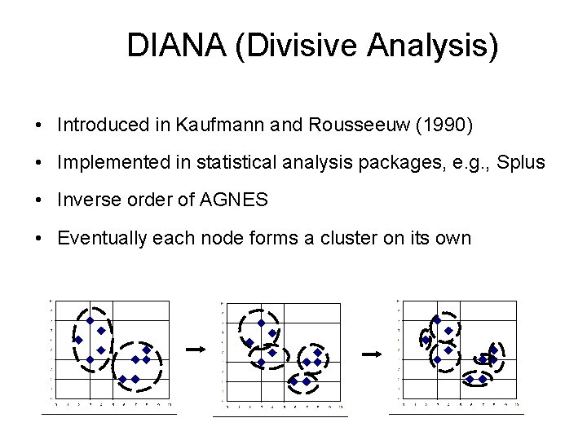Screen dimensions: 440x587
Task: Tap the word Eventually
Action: (100, 238)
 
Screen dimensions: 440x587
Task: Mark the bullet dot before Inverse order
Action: (39, 200)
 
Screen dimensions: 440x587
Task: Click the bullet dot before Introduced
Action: (39, 125)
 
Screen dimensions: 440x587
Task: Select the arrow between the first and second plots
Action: (194, 349)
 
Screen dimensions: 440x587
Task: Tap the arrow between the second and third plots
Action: (372, 354)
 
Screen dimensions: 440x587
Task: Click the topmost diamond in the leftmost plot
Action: (90, 320)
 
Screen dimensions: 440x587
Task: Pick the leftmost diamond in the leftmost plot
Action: (78, 340)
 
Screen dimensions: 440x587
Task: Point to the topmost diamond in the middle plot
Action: (261, 323)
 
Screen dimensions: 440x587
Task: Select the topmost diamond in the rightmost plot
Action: (437, 320)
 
